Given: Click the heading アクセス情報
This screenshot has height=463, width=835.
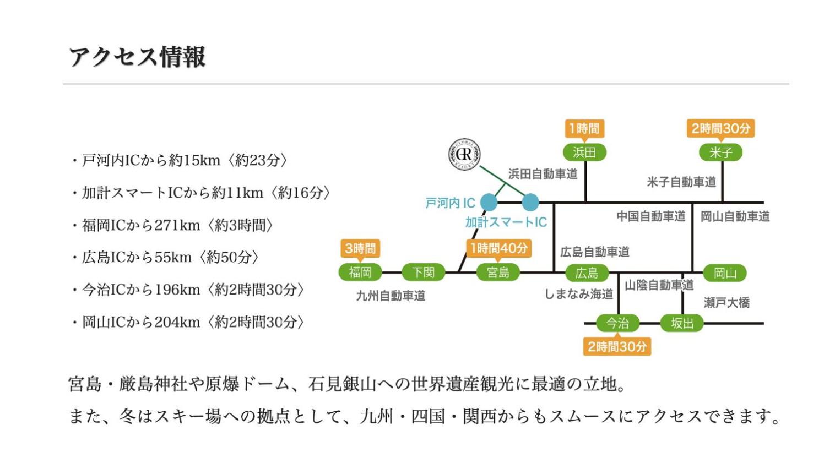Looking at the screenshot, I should tap(137, 57).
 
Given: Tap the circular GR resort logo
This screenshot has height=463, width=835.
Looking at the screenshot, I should tap(464, 155).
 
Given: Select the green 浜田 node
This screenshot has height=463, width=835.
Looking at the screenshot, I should tap(584, 152).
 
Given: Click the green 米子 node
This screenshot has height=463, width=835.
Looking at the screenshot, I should tap(720, 152).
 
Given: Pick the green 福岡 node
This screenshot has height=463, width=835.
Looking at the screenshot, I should tap(360, 272).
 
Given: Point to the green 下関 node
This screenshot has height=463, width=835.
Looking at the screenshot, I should tap(423, 272).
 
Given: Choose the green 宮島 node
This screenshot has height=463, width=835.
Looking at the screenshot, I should tap(498, 272).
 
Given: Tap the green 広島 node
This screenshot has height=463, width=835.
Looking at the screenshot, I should tap(587, 273).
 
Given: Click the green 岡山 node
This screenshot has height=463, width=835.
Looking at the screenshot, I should tap(725, 273).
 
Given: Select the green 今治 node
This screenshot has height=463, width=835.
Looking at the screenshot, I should tap(617, 323).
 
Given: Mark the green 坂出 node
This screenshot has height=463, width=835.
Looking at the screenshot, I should tap(682, 323).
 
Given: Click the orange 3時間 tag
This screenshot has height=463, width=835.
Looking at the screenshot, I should tap(360, 249).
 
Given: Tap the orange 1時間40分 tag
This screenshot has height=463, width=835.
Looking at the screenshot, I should tap(498, 248).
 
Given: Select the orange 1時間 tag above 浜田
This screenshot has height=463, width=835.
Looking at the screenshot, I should tap(584, 129).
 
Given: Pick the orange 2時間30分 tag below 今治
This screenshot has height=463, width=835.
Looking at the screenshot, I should tap(617, 347).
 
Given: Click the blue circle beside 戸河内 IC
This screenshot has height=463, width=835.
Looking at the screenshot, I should tap(489, 202).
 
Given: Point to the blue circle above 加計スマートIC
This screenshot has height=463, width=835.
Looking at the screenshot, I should tap(530, 202).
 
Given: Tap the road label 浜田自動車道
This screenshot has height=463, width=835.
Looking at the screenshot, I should tap(543, 174).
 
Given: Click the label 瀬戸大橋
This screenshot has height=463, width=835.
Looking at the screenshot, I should tap(726, 303).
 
